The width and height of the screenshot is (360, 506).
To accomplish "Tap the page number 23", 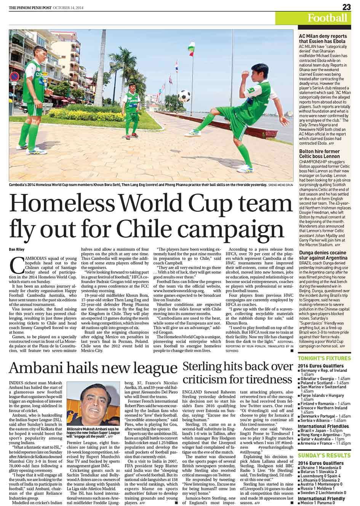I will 346,6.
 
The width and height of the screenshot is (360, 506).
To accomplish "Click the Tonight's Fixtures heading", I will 324,359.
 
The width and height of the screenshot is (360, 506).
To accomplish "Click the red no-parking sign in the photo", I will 14,75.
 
